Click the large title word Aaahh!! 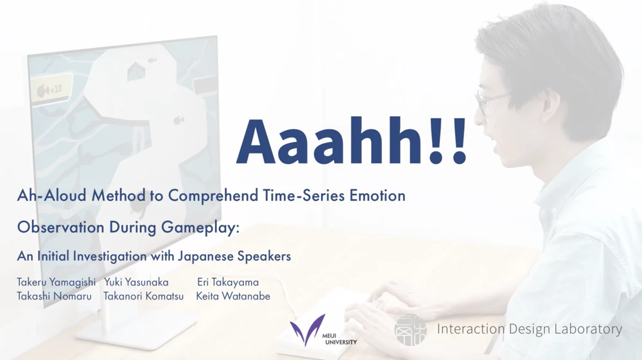(x=351, y=142)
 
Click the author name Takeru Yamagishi (x=56, y=282)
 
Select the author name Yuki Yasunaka (x=136, y=282)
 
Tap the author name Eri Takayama (x=228, y=282)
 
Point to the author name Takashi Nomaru (x=54, y=296)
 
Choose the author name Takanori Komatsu (x=143, y=296)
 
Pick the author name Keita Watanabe (x=233, y=296)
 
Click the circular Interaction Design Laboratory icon (x=410, y=330)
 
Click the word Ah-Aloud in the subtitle (x=52, y=196)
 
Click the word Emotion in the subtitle (x=377, y=196)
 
